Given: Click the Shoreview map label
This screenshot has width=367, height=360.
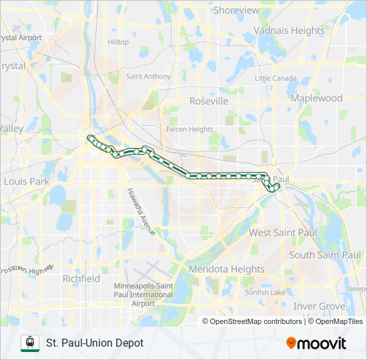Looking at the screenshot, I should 236,10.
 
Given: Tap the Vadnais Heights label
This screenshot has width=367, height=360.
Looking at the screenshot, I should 289,31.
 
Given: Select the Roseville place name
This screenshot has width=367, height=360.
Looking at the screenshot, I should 209,101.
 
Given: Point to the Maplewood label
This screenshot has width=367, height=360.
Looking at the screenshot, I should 316,98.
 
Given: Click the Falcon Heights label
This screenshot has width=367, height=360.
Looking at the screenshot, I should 190,129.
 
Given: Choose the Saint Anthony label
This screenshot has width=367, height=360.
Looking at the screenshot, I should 148,77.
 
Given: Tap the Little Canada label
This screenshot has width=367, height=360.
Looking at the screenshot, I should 276,79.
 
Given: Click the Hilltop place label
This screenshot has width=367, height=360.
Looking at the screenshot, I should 118,42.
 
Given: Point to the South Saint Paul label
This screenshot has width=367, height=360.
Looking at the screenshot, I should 325,255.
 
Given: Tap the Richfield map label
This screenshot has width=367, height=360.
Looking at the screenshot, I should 81,278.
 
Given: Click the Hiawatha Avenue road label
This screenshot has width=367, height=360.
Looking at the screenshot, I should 141,212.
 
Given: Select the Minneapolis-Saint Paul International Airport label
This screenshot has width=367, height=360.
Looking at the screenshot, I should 143,295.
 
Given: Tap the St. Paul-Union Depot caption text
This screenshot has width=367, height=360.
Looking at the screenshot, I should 95,343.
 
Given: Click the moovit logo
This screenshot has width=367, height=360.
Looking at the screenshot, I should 316,343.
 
